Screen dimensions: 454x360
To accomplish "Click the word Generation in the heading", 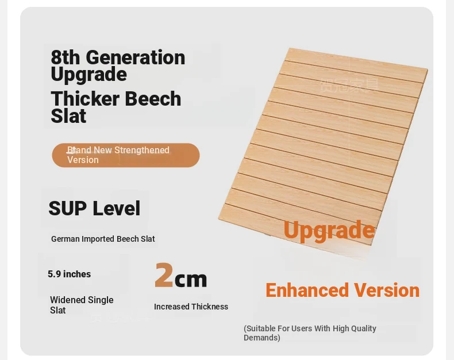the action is (136, 57).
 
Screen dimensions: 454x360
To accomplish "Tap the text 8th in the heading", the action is (65, 57).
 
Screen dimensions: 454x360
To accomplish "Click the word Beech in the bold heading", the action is (153, 99).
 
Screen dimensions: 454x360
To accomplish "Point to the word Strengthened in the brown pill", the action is (142, 150).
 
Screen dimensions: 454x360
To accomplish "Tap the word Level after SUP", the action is (117, 208).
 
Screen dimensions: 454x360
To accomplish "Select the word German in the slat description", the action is (65, 239).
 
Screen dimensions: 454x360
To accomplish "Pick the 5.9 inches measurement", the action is (69, 274).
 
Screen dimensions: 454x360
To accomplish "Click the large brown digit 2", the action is (164, 275).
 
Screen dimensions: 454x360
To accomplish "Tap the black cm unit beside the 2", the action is (191, 279).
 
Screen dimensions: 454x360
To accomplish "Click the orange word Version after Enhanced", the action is (387, 291).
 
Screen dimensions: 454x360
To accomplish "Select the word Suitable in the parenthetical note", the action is (259, 328).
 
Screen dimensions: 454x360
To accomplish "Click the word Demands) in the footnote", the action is (261, 338).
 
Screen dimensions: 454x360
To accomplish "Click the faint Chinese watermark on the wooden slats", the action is (349, 86).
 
